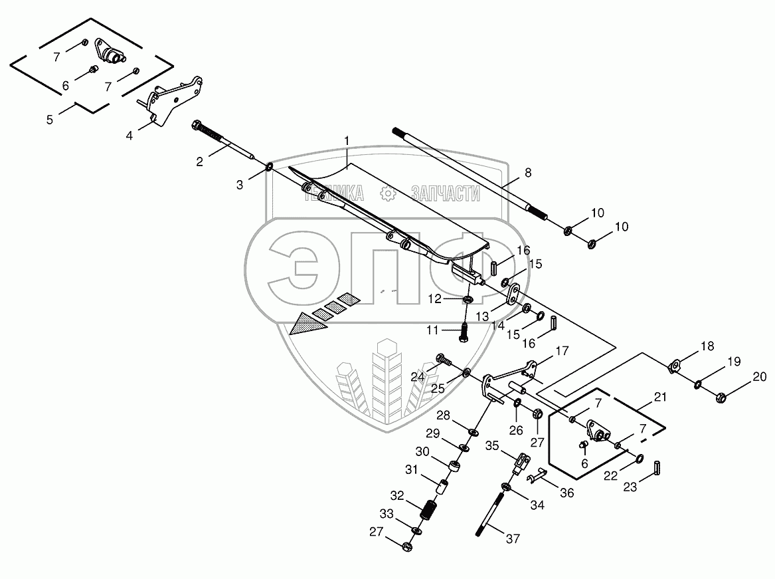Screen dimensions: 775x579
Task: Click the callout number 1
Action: coord(346,141)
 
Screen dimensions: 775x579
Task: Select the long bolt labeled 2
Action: coord(226,142)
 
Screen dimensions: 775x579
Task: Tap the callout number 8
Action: coord(528,172)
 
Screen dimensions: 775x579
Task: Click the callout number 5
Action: coord(50,120)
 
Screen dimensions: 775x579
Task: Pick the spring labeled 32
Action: coord(429,511)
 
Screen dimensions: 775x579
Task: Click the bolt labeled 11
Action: coord(463,329)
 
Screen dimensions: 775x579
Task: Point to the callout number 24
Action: coord(418,377)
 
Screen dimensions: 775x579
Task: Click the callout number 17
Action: coord(562,350)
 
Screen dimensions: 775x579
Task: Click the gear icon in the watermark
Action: coord(388,193)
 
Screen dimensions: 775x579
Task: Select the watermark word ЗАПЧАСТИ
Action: coord(445,193)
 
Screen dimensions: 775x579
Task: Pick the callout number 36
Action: coord(566,493)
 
